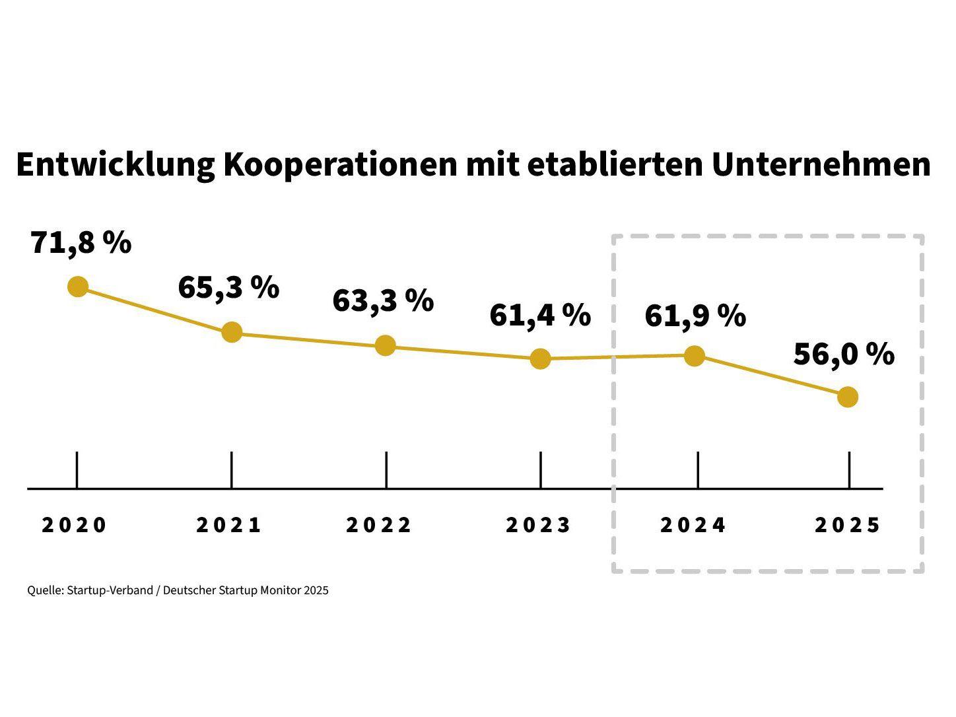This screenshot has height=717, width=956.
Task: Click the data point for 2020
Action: point(78,287)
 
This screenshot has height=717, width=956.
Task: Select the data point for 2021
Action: point(232,332)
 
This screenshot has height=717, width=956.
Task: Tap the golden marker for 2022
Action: point(386,345)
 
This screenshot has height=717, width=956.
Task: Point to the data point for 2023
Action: point(540,358)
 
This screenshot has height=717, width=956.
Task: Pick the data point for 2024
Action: point(694,356)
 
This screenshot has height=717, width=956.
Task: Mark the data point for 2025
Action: point(848,397)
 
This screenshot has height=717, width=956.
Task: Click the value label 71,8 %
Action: point(81,243)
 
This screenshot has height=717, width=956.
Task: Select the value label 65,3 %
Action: point(228,288)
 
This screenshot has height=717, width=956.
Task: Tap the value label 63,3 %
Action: point(383,301)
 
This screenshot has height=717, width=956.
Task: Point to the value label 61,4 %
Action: point(540,316)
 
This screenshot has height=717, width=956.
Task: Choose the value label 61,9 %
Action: point(695,316)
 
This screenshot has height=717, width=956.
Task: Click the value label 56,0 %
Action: point(844,355)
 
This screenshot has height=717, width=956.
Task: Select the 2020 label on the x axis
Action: point(74,525)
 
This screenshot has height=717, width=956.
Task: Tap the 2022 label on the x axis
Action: point(379,525)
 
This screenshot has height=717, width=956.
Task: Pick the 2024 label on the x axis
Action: point(693,525)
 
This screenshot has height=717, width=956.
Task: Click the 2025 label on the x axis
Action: point(848,525)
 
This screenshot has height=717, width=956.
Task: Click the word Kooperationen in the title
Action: point(340,165)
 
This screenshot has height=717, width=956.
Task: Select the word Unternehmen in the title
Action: point(821,165)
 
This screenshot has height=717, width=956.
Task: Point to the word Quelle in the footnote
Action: point(45,590)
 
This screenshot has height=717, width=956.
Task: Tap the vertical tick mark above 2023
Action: point(541,469)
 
